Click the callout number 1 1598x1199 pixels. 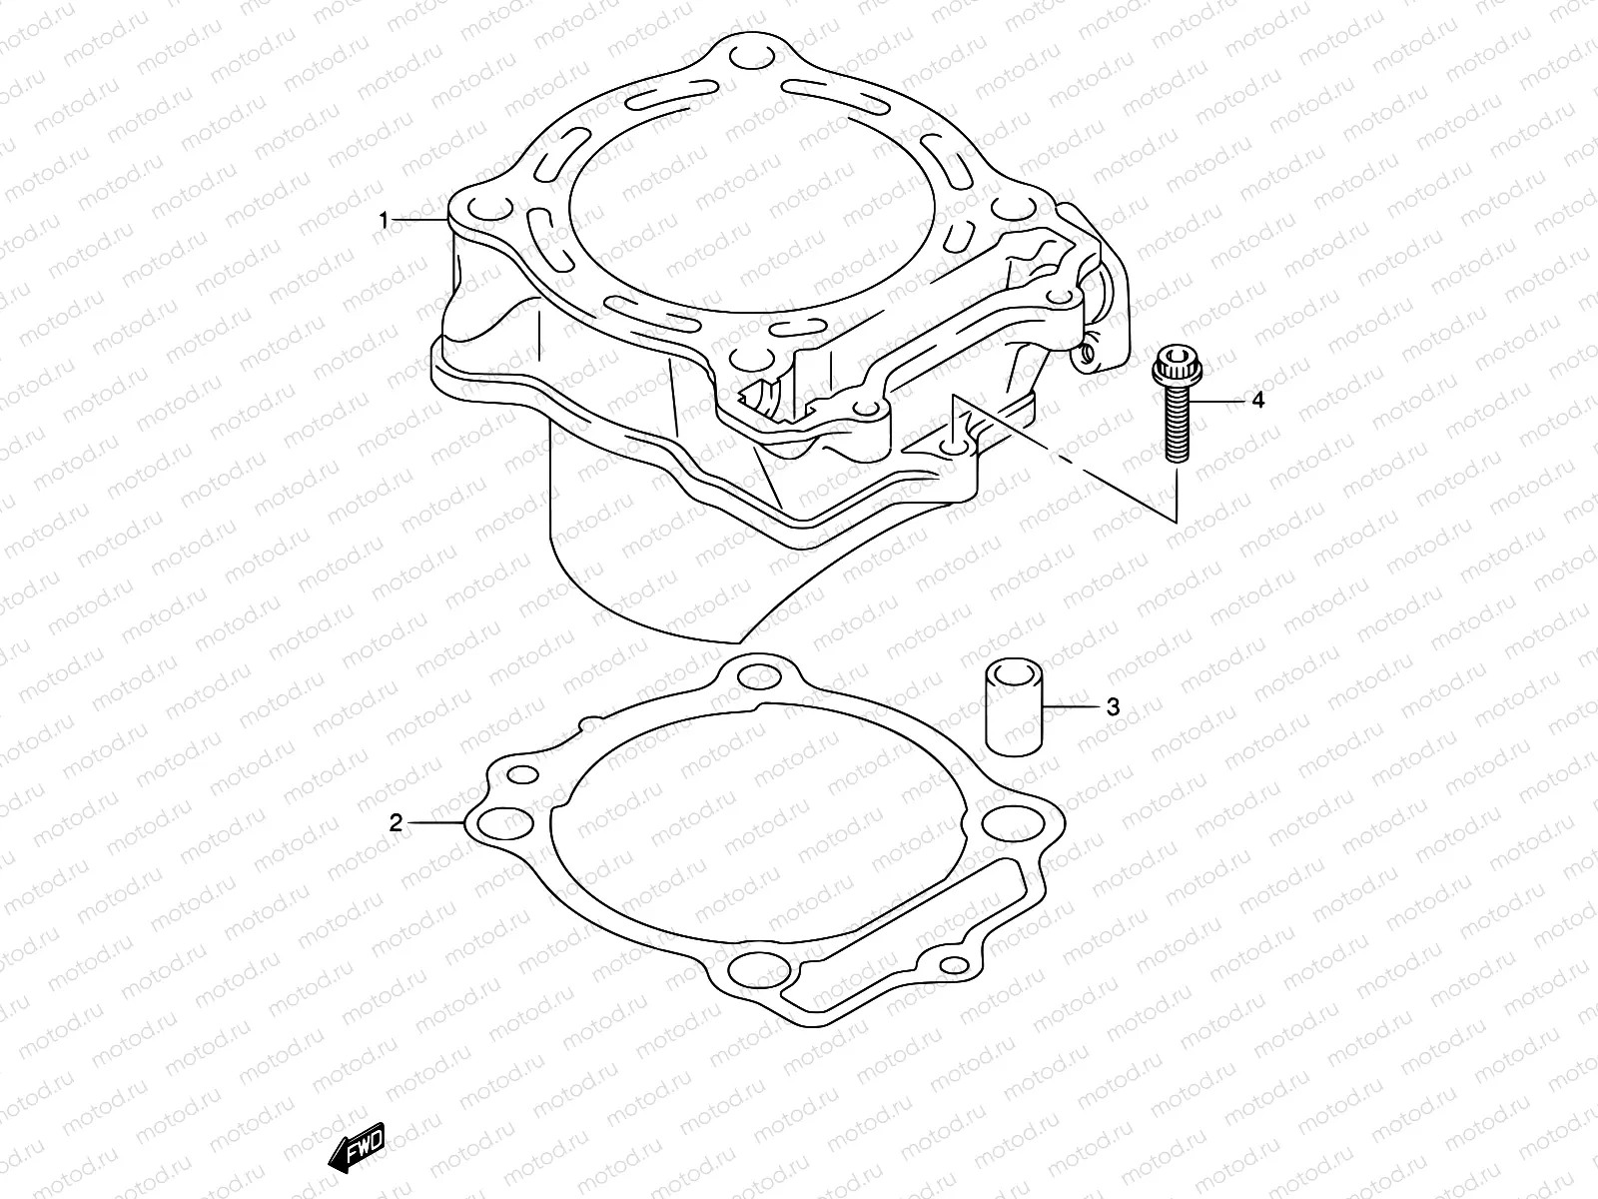coord(384,221)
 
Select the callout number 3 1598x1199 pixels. coord(1113,707)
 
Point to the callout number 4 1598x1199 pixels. coord(1257,401)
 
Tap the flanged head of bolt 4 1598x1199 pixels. coord(1173,367)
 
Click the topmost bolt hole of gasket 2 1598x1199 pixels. coord(758,678)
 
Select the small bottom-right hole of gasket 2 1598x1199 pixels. coord(956,965)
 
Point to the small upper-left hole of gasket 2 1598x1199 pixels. coord(521,776)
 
